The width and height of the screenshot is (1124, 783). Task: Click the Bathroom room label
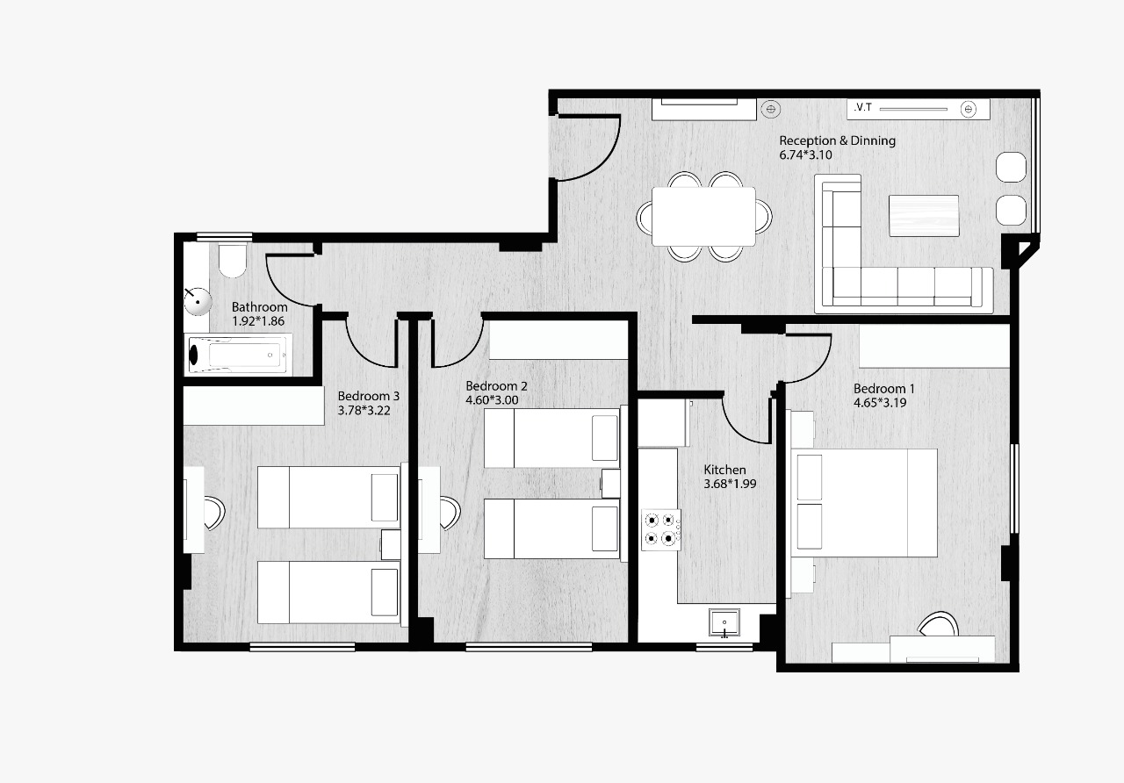pos(259,307)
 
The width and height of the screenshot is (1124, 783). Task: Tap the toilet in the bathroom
pos(233,261)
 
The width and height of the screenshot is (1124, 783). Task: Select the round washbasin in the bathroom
pos(198,301)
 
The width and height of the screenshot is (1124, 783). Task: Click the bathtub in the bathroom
pos(238,356)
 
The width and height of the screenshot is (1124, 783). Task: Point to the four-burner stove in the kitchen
pos(661,529)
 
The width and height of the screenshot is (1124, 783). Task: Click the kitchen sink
pos(724,622)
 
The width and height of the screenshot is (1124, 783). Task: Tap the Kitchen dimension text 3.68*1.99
pos(730,484)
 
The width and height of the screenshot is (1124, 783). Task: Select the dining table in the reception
pos(703,216)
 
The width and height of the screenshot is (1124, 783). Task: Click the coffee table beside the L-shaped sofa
pos(924,216)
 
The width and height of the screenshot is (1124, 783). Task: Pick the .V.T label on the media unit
pos(863,107)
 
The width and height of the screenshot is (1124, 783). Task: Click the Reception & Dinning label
pos(837,141)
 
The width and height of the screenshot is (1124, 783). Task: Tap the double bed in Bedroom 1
pos(864,503)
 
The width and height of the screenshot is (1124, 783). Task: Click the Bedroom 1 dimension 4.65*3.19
pos(880,403)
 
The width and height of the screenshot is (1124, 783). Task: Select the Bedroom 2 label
pos(496,386)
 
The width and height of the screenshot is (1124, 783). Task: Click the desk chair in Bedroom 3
pos(215,513)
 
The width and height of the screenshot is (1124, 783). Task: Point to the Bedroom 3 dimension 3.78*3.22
pos(364,410)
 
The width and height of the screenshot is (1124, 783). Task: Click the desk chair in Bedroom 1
pos(939,624)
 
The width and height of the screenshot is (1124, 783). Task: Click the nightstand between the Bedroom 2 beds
pos(610,483)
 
